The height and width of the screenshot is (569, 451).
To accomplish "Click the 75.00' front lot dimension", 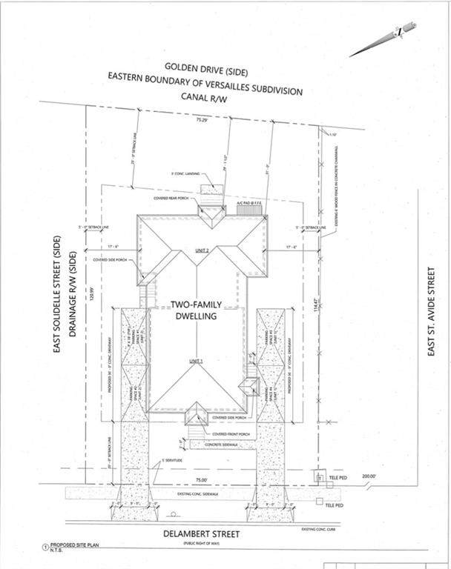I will coord(194,479).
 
